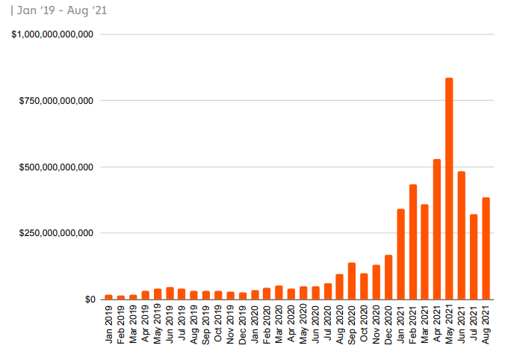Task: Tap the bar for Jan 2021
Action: (x=400, y=254)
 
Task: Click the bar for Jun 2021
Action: (x=462, y=235)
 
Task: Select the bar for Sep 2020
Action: (x=352, y=281)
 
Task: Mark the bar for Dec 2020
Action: (x=388, y=277)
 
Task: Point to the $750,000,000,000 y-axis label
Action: (x=57, y=101)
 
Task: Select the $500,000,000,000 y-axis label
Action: (x=57, y=167)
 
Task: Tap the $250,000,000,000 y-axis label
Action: (x=57, y=233)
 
